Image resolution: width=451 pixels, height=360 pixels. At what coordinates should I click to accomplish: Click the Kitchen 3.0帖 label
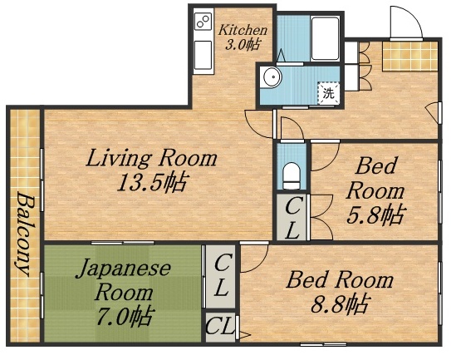243,37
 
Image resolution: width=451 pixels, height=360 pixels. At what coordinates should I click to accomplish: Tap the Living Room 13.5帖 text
151,170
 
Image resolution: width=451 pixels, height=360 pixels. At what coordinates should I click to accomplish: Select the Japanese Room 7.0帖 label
124,291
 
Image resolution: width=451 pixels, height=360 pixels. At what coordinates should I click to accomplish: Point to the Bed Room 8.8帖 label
338,291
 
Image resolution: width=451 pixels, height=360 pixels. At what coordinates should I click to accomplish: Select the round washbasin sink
272,78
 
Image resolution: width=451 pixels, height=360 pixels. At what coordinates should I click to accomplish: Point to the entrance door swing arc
404,20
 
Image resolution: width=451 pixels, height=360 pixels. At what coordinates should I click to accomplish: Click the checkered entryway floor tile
408,57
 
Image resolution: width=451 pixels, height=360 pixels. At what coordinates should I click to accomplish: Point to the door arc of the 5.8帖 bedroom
322,156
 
